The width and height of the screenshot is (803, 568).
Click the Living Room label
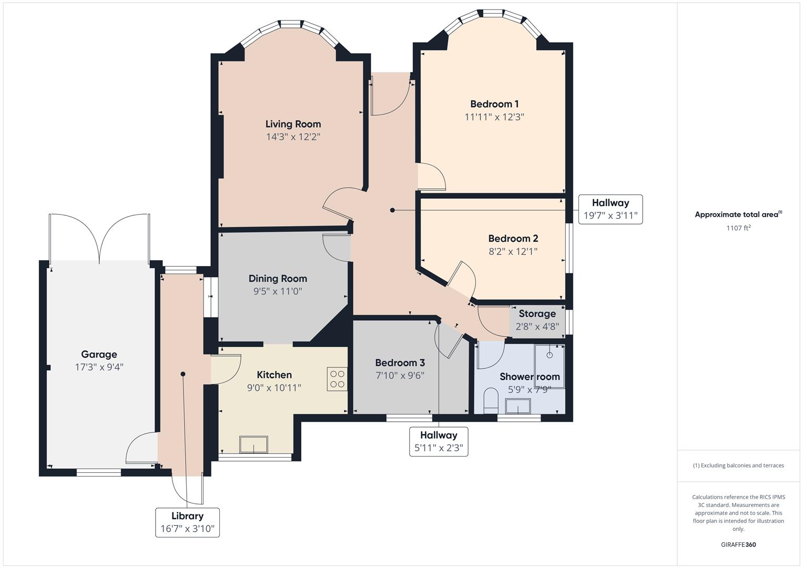point(293,124)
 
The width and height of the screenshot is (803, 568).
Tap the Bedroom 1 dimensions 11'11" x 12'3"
point(494,117)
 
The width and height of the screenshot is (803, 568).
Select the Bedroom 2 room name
point(513,238)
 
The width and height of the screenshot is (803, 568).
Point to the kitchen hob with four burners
point(337,379)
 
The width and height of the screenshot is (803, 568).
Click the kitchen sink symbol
point(253,444)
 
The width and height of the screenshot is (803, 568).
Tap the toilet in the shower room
point(490,399)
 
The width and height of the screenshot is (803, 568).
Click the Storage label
point(537,313)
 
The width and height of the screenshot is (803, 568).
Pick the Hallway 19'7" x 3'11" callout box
point(610,209)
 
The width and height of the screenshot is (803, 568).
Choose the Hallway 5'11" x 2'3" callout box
point(439,441)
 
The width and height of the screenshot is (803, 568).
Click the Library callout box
point(187,522)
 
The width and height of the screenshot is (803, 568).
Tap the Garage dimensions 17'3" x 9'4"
point(99,367)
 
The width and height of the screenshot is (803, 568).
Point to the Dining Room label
point(278,278)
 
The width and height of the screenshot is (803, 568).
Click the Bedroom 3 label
point(400,362)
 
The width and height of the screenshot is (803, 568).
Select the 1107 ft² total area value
point(738,228)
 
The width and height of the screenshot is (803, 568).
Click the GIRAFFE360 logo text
point(738,544)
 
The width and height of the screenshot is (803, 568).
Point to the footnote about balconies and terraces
point(738,465)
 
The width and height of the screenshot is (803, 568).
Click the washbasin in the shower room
point(518,407)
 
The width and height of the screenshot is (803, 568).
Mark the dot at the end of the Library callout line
point(183,374)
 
